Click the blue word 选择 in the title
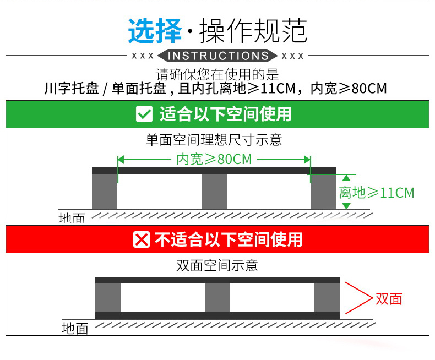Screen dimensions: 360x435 155,31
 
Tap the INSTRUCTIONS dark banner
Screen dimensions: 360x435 218,56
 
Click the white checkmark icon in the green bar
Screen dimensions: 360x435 144,114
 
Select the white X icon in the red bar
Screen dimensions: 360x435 142,239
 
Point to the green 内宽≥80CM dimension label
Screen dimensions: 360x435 214,159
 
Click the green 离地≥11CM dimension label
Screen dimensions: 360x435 376,192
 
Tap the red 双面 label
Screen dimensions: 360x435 389,299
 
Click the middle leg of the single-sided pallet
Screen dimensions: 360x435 214,192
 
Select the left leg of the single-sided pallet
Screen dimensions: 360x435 105,192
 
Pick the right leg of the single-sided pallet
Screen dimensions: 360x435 324,192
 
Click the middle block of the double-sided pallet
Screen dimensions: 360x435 218,298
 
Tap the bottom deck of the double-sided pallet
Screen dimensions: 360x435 218,315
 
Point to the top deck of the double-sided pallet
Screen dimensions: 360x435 218,280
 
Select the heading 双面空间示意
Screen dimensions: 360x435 217,266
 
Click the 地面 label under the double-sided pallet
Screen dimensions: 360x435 75,329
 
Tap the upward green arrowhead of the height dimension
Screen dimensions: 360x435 346,177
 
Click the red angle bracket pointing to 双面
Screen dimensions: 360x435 358,298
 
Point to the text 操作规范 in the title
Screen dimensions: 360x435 253,31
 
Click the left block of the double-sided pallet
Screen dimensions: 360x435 108,298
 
